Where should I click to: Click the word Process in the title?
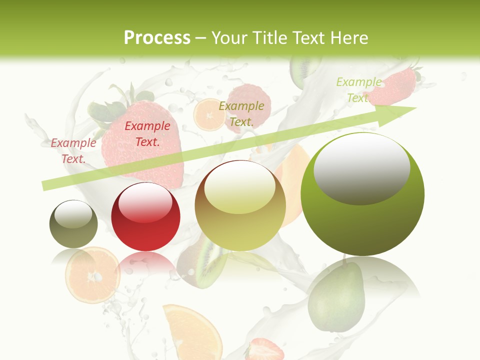[x=157, y=38]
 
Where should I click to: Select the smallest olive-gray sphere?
[x=73, y=223]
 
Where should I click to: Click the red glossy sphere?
[x=145, y=216]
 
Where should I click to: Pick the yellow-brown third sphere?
[x=240, y=205]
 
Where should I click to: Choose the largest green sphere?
[x=362, y=194]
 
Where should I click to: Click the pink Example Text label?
[x=73, y=150]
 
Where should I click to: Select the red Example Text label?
[x=147, y=133]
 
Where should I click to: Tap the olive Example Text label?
[x=241, y=113]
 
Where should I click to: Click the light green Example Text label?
[x=358, y=89]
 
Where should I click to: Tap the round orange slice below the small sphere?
[x=92, y=275]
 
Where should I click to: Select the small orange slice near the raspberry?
[x=208, y=115]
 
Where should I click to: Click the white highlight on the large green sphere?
[x=361, y=167]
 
